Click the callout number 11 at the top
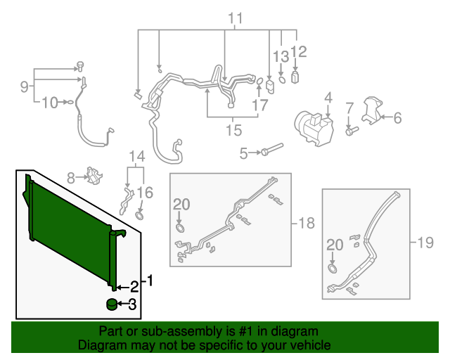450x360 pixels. click(234, 18)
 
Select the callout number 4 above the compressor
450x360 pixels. click(328, 97)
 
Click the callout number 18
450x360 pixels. click(306, 224)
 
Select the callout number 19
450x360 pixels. click(425, 243)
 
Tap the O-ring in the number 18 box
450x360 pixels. click(180, 228)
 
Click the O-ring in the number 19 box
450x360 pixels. click(332, 269)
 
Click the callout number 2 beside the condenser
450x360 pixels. click(133, 285)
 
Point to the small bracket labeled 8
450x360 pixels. click(92, 176)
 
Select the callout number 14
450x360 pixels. click(135, 156)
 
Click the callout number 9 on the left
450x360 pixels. click(25, 86)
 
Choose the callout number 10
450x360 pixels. click(48, 103)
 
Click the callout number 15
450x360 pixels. click(233, 130)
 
